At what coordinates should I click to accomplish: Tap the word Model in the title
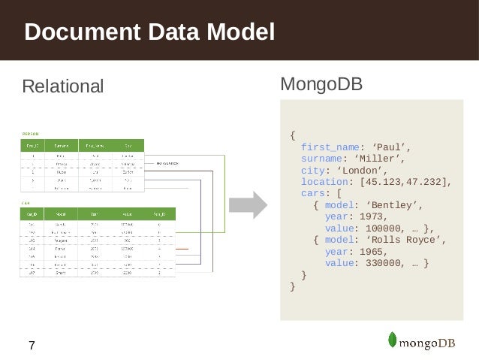pyautogui.click(x=240, y=32)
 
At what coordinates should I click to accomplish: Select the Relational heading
pyautogui.click(x=63, y=86)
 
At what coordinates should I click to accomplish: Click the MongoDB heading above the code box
pyautogui.click(x=321, y=83)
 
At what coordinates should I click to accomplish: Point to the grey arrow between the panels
pyautogui.click(x=248, y=204)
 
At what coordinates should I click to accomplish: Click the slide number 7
pyautogui.click(x=31, y=346)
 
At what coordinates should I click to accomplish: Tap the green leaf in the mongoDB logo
pyautogui.click(x=393, y=340)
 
